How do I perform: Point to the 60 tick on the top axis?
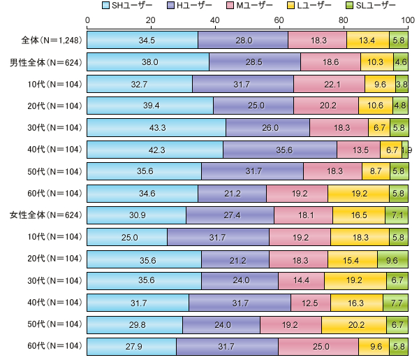coord(280,20)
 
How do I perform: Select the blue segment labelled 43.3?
coord(156,128)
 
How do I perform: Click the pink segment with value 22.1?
coord(329,85)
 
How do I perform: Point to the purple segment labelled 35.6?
coord(280,150)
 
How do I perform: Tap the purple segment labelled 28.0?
coord(243,41)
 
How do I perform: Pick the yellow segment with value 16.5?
coord(358,215)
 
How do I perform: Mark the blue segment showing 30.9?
coord(136,215)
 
